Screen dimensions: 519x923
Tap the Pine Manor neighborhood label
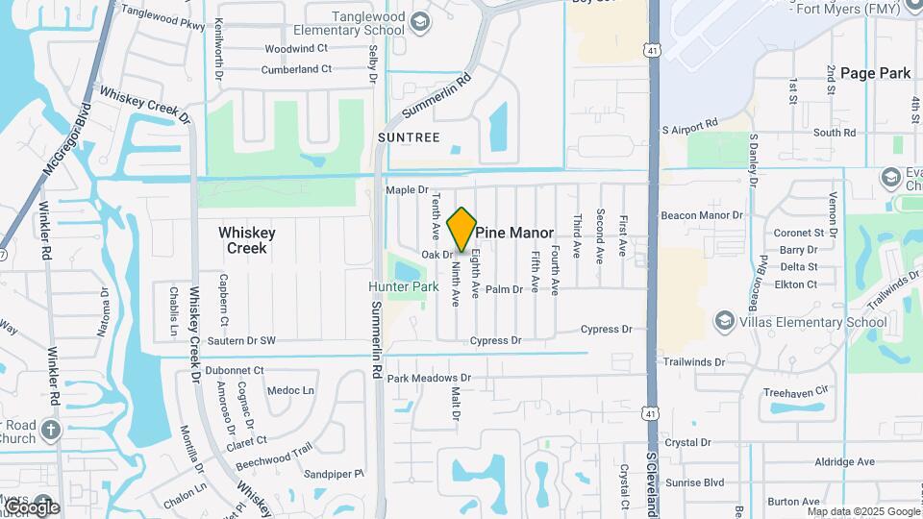(514, 233)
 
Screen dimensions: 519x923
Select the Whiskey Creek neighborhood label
(247, 240)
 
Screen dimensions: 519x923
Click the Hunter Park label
(404, 286)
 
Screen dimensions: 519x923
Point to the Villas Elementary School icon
(723, 322)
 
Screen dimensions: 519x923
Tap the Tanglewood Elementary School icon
(419, 22)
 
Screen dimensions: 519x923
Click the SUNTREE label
(409, 137)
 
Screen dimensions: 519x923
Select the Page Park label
(875, 72)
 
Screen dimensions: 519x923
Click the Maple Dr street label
(406, 190)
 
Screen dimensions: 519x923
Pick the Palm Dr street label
(504, 288)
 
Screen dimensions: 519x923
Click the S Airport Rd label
(690, 125)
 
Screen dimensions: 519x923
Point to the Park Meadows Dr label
(429, 379)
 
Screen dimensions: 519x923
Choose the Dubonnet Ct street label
(235, 370)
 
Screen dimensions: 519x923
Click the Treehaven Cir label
(794, 392)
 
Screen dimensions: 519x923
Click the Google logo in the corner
(31, 507)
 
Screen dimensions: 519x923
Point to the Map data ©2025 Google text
(862, 511)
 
